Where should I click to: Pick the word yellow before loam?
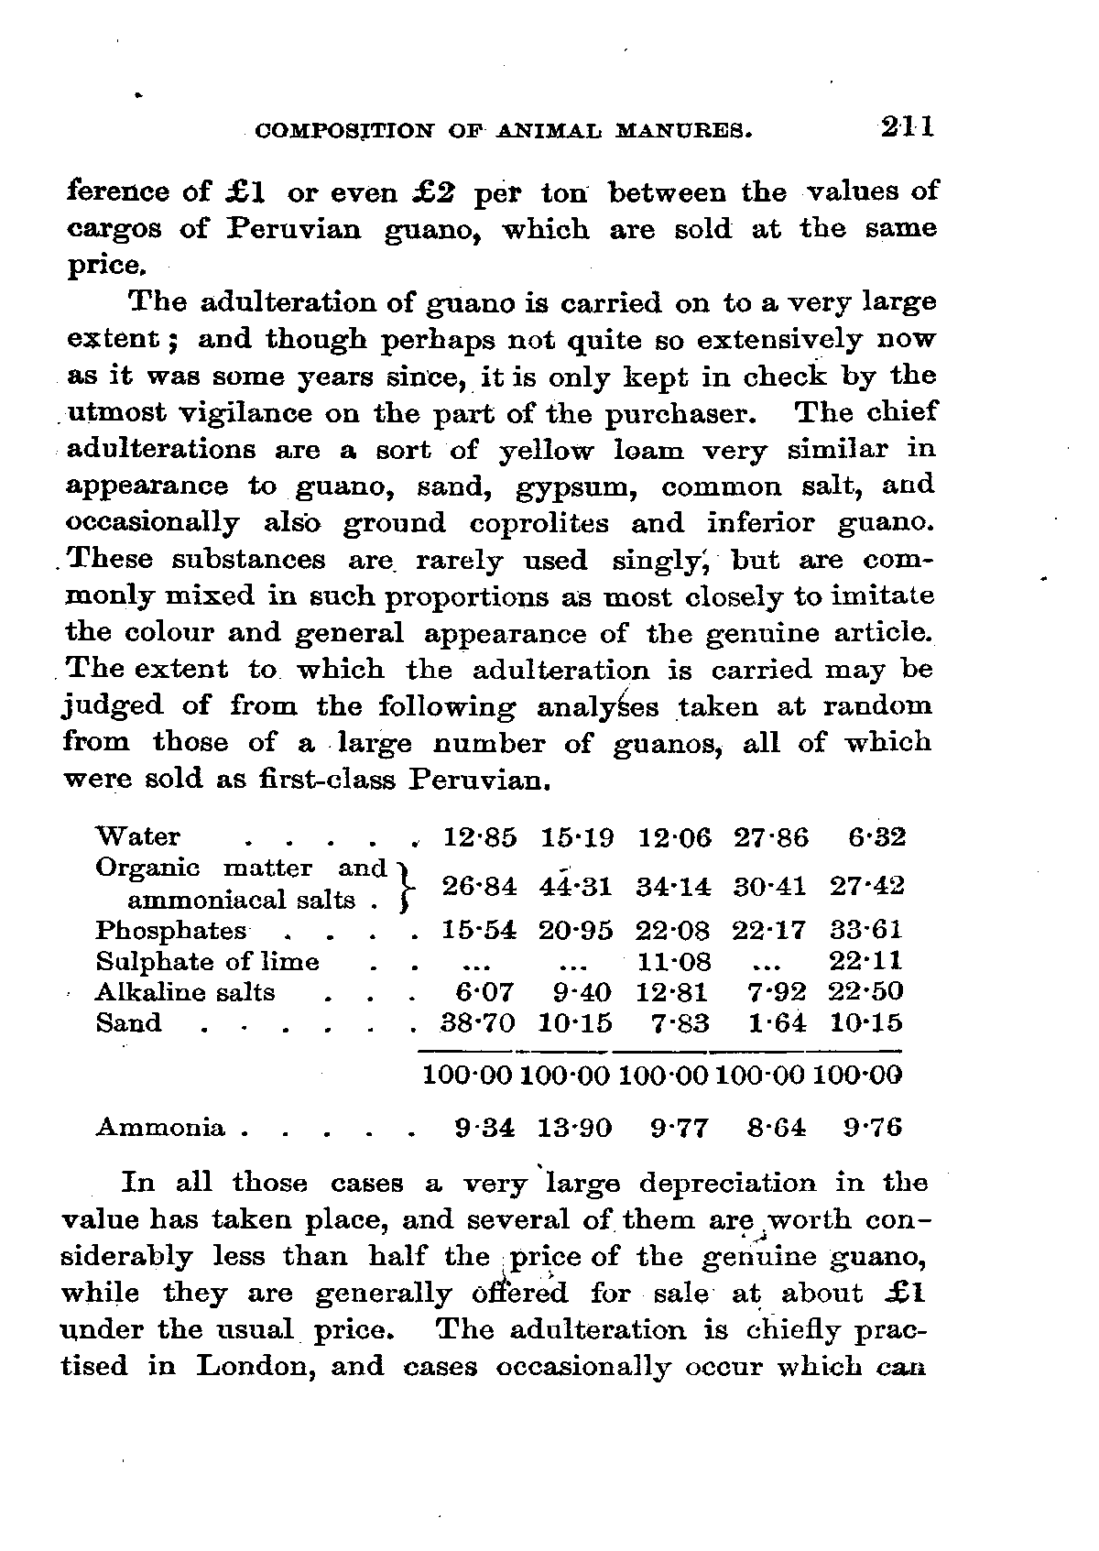click(x=545, y=451)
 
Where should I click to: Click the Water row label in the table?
click(x=138, y=837)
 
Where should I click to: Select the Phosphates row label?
click(x=170, y=931)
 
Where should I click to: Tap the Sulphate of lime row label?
click(x=208, y=962)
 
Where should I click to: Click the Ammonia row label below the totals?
click(x=160, y=1127)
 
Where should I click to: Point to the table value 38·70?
click(x=479, y=1023)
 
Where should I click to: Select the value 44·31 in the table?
click(x=576, y=887)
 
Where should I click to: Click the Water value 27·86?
click(x=771, y=837)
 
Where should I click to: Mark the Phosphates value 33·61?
click(x=866, y=931)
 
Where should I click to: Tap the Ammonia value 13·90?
click(x=576, y=1127)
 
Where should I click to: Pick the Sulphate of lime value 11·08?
click(x=674, y=962)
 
